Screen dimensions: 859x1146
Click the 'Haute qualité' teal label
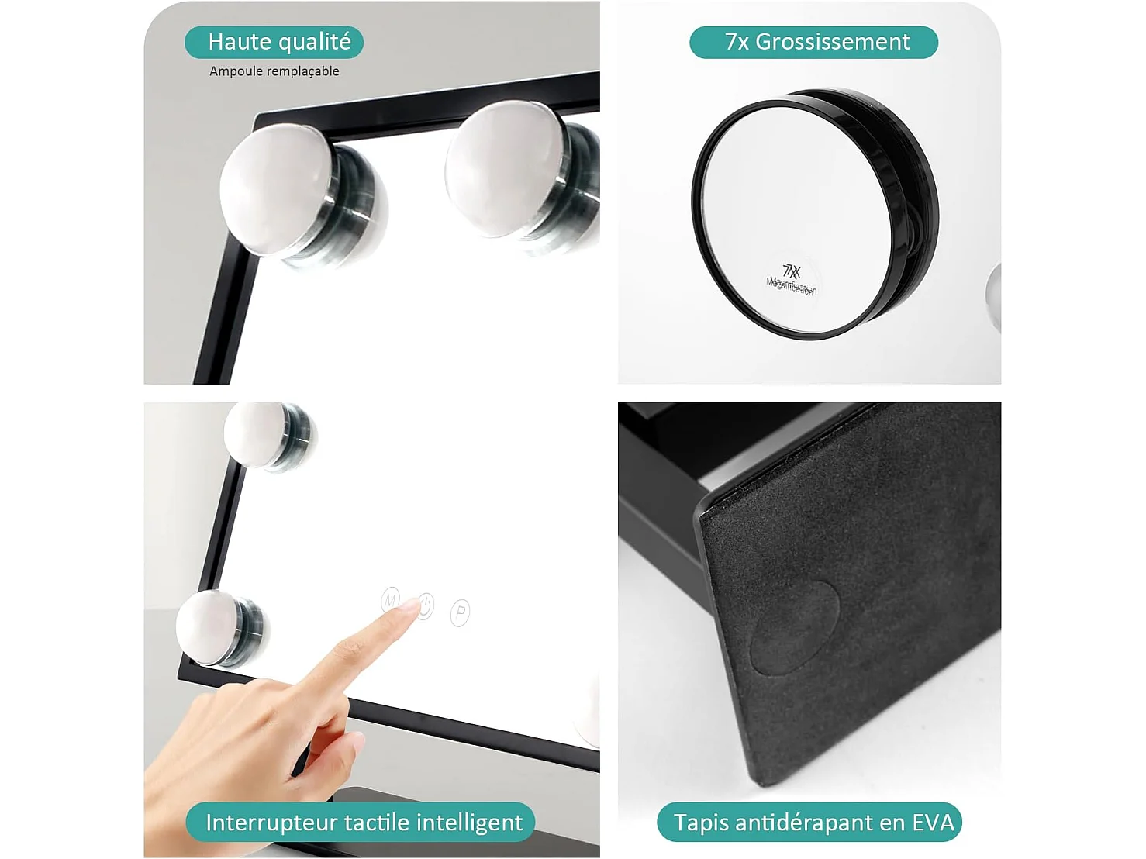[274, 42]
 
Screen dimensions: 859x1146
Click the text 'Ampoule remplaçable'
[274, 71]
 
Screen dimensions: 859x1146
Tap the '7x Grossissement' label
[813, 42]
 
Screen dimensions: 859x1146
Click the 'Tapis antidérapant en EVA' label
[809, 822]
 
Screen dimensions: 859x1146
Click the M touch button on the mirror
[391, 599]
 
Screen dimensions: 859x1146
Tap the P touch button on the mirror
[460, 612]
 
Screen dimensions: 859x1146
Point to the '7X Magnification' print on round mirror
[792, 279]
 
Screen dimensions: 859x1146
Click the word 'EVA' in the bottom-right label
[933, 822]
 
